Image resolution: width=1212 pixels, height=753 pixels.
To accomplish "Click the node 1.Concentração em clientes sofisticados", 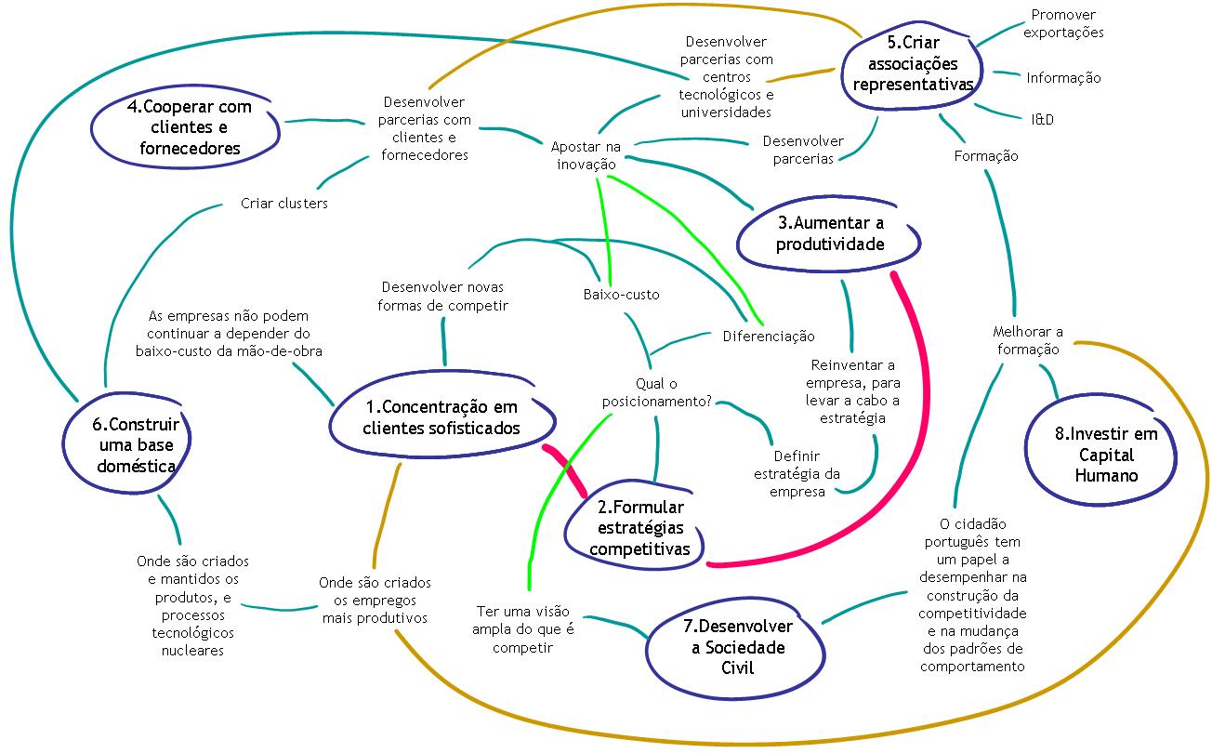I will pos(440,417).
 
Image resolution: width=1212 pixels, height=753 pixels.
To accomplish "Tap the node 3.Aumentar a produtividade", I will pos(830,233).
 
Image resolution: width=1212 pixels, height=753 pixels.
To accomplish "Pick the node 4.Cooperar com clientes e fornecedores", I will pos(189,127).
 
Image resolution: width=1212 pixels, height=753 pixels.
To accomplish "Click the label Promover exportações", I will pos(1063,23).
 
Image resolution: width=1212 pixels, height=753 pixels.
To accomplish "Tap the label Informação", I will pos(1063,78).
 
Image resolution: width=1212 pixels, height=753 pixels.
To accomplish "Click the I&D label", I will pos(1042,120).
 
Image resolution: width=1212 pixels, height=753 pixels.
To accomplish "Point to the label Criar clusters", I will pos(283,204).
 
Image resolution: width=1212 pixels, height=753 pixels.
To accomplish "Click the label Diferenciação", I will pos(768,336).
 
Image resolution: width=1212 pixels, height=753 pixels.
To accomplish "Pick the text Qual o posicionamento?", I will pos(656,392).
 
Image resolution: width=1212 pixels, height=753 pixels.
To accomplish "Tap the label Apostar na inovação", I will pos(585,155).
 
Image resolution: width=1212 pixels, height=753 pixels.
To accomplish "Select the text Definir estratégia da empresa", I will pos(797,474).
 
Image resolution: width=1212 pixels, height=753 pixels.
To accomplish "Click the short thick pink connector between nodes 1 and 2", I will pos(564,470).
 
